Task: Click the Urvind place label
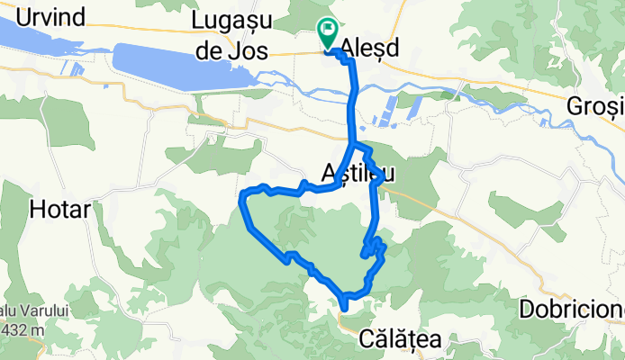[42, 16]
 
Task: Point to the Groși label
[594, 105]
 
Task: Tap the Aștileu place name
[358, 171]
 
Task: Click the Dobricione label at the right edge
[571, 309]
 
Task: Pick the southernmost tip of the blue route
[345, 309]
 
